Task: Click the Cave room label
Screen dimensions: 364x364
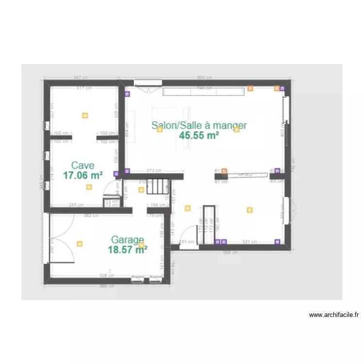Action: point(83,165)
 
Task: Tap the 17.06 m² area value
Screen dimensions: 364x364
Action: point(83,175)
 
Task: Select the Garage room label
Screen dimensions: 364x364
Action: point(127,240)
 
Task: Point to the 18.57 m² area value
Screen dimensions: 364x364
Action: point(127,249)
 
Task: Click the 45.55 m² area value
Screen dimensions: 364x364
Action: point(199,135)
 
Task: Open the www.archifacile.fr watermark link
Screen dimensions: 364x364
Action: point(334,315)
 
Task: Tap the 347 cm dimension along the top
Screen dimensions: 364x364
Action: point(81,78)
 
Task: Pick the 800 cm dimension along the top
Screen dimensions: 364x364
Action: point(204,78)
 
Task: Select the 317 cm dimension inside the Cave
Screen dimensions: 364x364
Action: point(84,88)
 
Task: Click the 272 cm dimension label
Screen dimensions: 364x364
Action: point(153,170)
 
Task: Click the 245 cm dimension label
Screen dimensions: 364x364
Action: point(76,205)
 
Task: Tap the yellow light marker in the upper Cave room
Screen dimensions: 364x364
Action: point(85,116)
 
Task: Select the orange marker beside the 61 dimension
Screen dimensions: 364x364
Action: point(224,171)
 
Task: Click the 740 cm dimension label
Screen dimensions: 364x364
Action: point(204,88)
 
